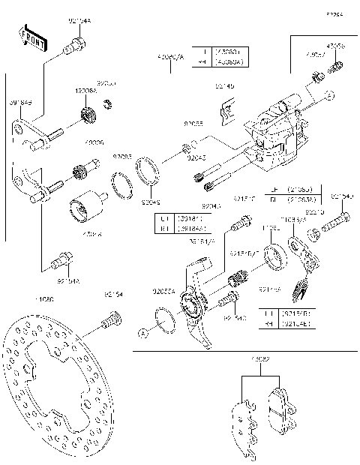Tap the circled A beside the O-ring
point(142,331)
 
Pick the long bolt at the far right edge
point(337,223)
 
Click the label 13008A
point(85,90)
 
